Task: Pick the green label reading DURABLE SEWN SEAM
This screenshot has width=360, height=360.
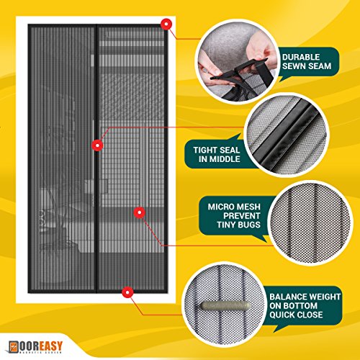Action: [x=307, y=60]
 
